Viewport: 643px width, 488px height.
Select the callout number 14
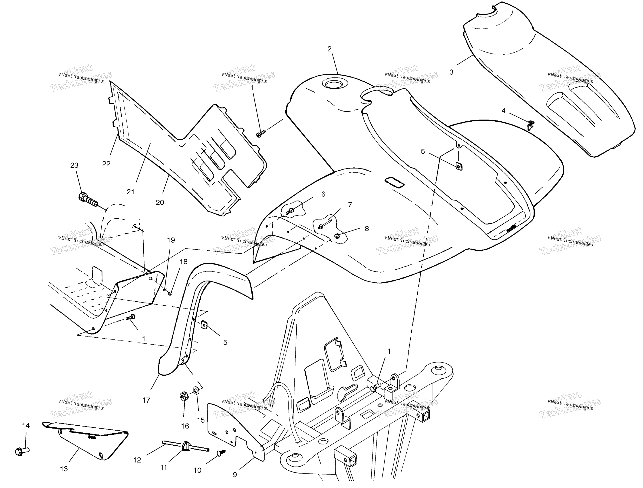[x=26, y=426]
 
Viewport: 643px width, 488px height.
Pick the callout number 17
[x=146, y=400]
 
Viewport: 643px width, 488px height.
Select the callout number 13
[x=64, y=469]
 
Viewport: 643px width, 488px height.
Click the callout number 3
[x=452, y=72]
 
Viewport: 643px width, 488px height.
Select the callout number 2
[x=329, y=49]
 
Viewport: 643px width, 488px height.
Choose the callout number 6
[x=323, y=194]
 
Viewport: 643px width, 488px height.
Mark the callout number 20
[x=160, y=202]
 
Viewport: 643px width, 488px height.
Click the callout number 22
[x=106, y=164]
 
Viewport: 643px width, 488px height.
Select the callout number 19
[x=171, y=240]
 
